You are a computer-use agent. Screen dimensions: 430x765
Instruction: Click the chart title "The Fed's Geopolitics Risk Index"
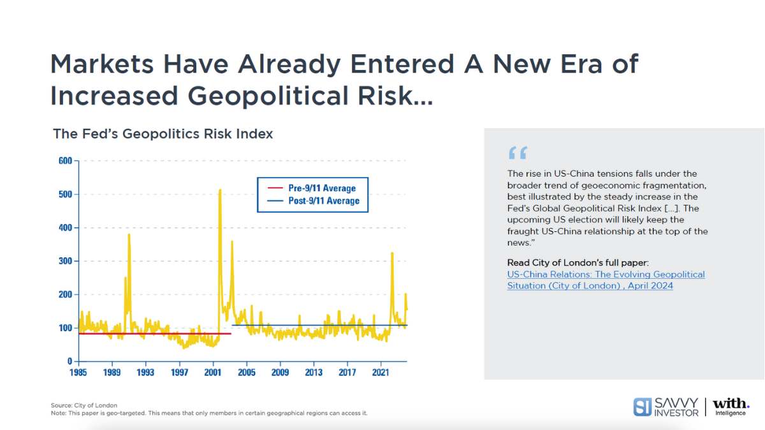click(163, 134)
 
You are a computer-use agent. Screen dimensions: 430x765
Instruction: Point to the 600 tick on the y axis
click(66, 161)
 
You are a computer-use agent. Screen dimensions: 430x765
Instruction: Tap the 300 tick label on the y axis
click(66, 261)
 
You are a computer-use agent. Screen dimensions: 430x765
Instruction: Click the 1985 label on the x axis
click(78, 372)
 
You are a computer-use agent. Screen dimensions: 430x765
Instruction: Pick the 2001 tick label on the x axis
click(212, 372)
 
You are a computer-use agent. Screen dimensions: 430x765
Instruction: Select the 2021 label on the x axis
click(381, 372)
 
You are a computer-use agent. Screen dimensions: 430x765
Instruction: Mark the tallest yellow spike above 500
click(220, 190)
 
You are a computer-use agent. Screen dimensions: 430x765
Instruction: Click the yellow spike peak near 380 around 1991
click(129, 234)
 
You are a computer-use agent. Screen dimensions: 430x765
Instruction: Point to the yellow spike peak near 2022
click(392, 254)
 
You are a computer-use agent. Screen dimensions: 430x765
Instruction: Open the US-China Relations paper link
click(606, 280)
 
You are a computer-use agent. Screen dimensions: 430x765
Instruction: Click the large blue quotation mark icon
click(518, 153)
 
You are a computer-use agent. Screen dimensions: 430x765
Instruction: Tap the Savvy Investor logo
click(666, 406)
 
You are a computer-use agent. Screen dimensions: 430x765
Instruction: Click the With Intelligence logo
click(731, 406)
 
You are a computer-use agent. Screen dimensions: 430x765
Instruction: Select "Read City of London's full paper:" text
click(578, 262)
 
